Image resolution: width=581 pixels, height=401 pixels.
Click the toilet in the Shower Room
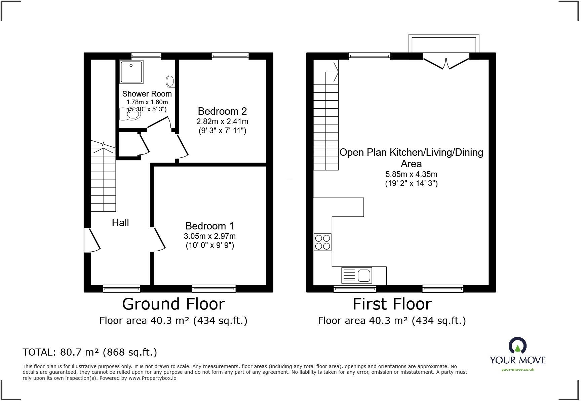pos(130,114)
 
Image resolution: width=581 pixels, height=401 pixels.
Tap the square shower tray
pos(131,72)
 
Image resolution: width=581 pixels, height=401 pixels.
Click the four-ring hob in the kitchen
pos(322,242)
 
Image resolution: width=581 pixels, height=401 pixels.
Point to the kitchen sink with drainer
pos(357,275)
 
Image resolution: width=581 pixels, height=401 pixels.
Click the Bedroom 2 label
pos(222,111)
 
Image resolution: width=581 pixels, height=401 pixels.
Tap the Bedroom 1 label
pos(209,226)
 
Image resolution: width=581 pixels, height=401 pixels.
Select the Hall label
pos(120,222)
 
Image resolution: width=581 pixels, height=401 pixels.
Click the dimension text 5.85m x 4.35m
pos(411,174)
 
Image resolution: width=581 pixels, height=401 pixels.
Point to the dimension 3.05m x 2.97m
pos(209,236)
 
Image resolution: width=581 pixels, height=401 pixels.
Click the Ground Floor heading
pos(173,304)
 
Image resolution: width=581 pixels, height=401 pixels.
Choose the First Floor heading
pos(392,304)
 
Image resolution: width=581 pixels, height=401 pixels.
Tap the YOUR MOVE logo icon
pos(517,346)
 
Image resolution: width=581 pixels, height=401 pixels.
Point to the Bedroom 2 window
pos(230,56)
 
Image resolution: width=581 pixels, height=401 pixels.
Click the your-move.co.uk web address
pos(517,369)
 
